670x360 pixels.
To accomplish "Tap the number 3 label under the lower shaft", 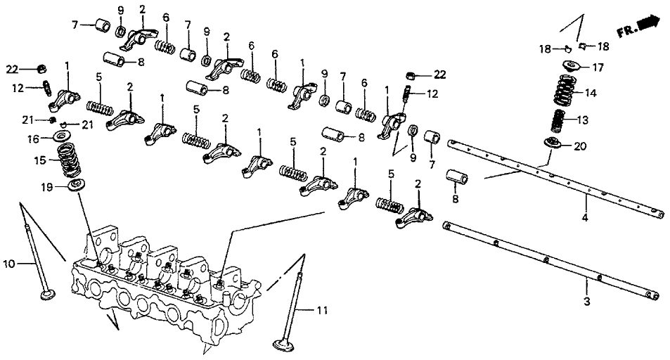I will coord(588,302).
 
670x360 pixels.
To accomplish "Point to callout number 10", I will coord(8,264).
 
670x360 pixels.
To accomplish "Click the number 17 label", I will coord(597,68).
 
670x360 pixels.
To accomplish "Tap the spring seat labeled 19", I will coord(72,186).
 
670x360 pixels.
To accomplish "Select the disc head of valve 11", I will coord(285,344).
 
